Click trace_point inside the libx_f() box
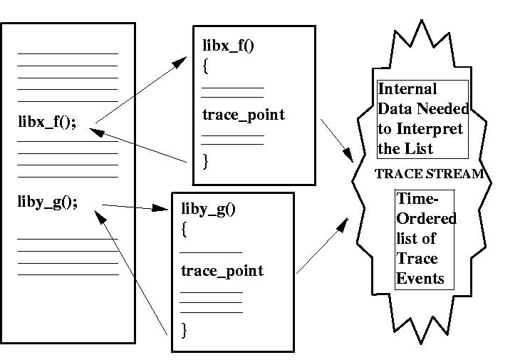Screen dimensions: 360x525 (243, 115)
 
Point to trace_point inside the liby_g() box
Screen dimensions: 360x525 (222, 271)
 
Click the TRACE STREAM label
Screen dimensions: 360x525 (430, 173)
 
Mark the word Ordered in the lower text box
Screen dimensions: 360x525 (426, 219)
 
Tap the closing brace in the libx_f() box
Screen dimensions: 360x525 (205, 162)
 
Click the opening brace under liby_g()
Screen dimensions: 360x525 (184, 230)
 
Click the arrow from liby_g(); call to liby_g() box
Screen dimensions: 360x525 (131, 207)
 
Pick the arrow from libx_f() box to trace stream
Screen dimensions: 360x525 (336, 139)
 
